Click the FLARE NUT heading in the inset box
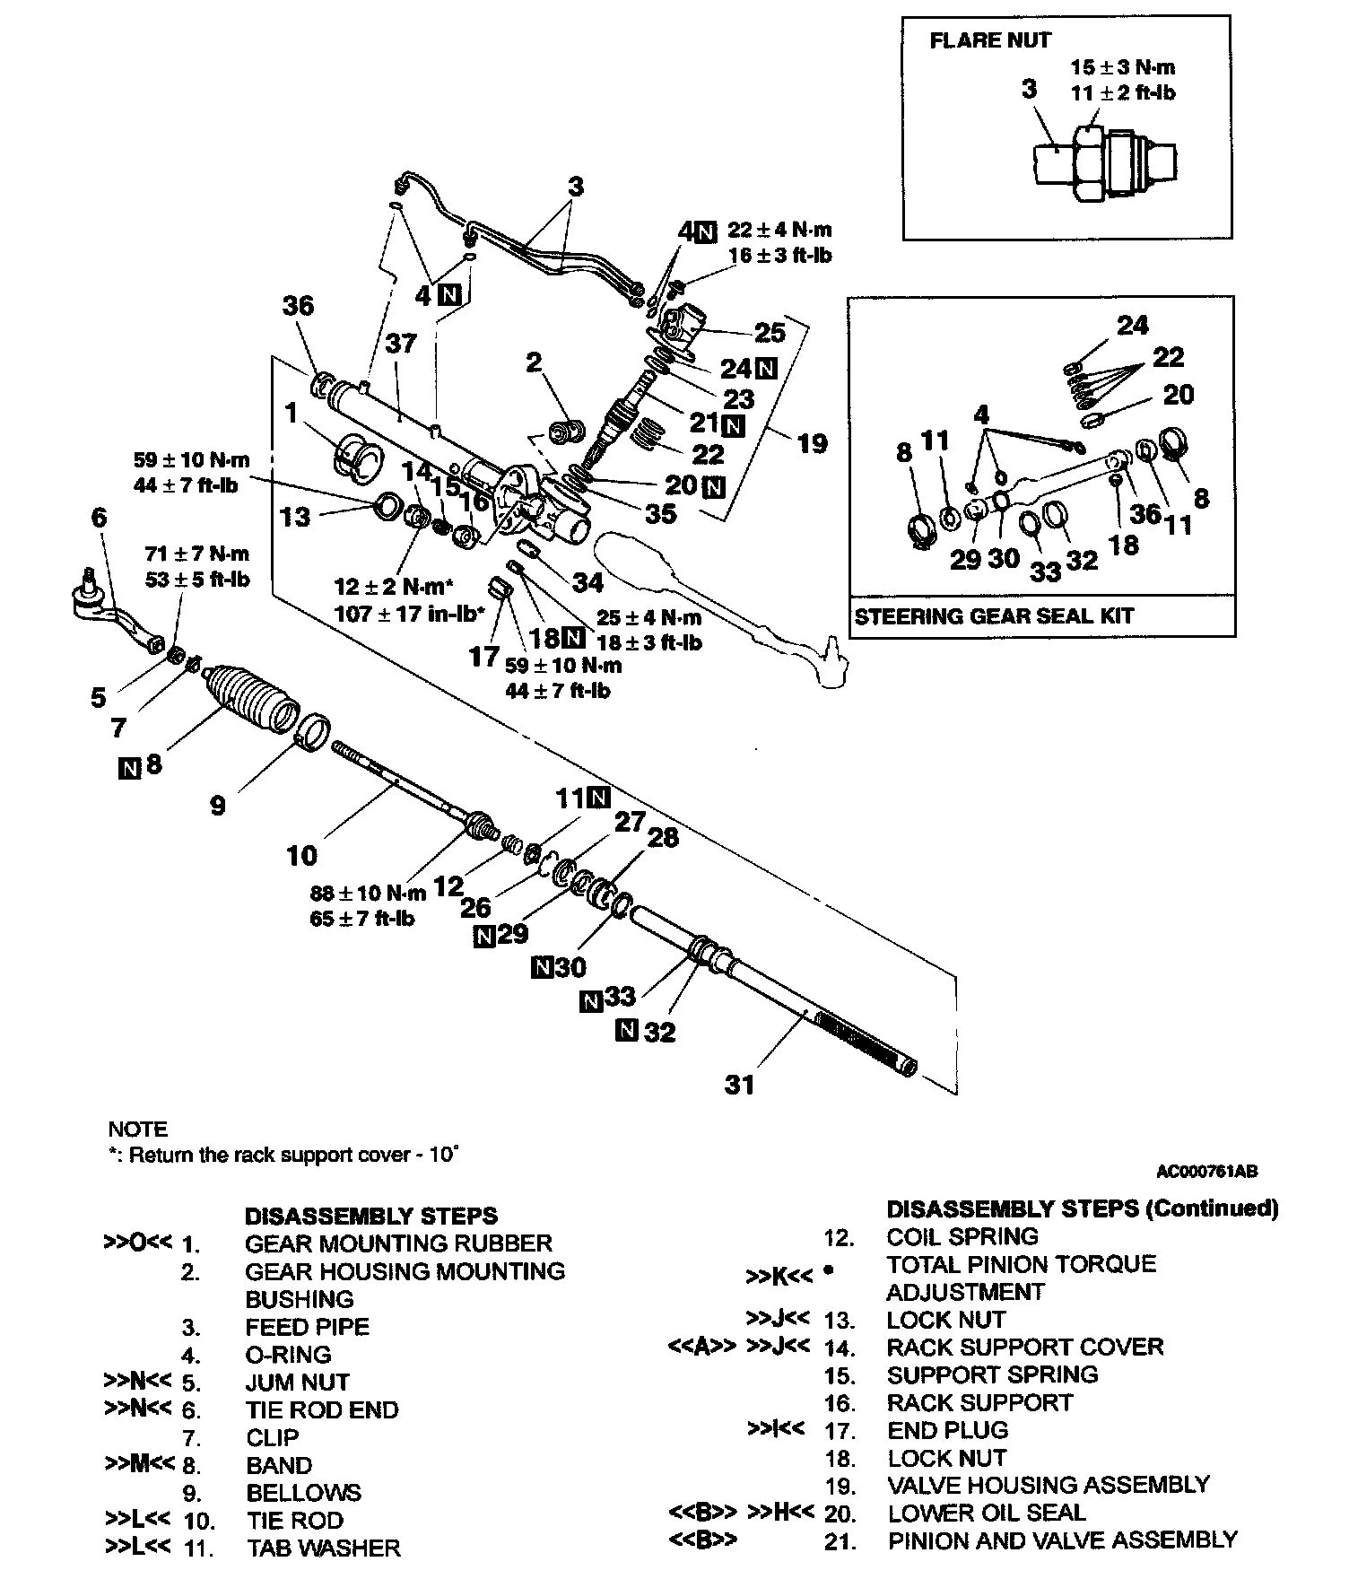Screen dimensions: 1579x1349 pos(989,40)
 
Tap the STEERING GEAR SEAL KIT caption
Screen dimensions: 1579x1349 pos(993,616)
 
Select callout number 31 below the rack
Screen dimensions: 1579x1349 pos(740,1085)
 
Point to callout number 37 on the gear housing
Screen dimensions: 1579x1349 pos(401,343)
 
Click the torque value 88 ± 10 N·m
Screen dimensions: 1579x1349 pos(368,893)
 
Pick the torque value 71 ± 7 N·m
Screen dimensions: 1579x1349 pos(197,554)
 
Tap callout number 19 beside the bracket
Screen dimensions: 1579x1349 pos(812,442)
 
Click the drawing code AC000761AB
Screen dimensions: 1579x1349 pos(1206,1171)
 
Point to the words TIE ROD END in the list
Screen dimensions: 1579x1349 pos(322,1410)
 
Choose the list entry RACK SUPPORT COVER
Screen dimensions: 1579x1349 pos(1025,1347)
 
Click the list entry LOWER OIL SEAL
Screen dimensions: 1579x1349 pos(987,1513)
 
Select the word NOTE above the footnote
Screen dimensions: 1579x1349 pos(137,1129)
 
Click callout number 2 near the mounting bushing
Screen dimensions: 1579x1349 pos(535,362)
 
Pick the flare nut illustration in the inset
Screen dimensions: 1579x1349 pos(1105,163)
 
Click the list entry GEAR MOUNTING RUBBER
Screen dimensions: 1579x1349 pos(398,1243)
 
